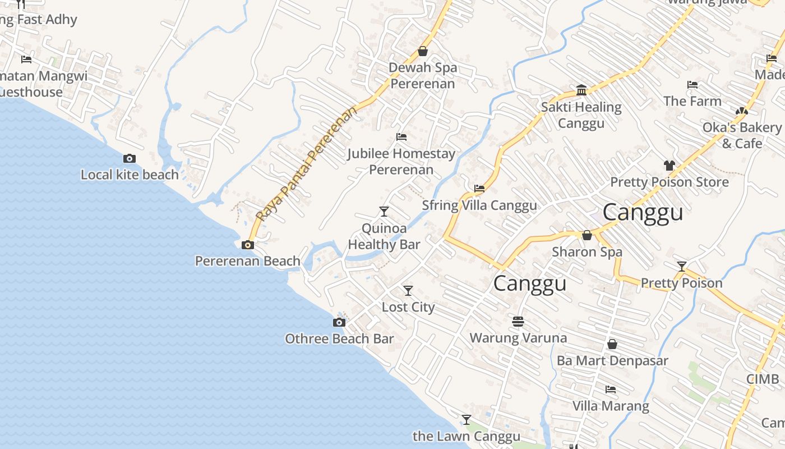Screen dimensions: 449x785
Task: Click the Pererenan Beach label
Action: [x=247, y=261]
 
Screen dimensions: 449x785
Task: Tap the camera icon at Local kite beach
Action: [x=130, y=159]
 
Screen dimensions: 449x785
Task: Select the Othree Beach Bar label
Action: [x=339, y=339]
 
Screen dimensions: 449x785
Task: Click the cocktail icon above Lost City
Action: [x=408, y=291]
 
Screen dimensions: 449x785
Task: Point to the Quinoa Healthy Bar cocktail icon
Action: [x=384, y=212]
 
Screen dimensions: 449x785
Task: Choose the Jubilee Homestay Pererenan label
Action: [x=401, y=162]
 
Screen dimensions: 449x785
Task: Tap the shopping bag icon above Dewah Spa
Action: [x=423, y=51]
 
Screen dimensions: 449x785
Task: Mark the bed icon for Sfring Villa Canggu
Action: [x=479, y=189]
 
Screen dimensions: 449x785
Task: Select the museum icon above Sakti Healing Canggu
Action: [x=581, y=90]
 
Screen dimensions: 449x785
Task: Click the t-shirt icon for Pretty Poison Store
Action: [x=669, y=166]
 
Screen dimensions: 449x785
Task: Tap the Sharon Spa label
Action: [x=587, y=252]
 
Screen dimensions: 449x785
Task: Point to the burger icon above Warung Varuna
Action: [x=518, y=322]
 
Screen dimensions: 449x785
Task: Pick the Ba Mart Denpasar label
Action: [x=612, y=360]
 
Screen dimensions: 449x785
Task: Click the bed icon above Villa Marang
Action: [x=611, y=390]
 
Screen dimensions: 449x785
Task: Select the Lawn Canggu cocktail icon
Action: [x=467, y=420]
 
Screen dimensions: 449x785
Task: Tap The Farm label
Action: [x=692, y=101]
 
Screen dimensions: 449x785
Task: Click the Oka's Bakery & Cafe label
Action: [x=742, y=135]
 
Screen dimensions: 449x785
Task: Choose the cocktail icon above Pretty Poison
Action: [x=682, y=267]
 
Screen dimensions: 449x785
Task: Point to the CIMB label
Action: [x=763, y=379]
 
